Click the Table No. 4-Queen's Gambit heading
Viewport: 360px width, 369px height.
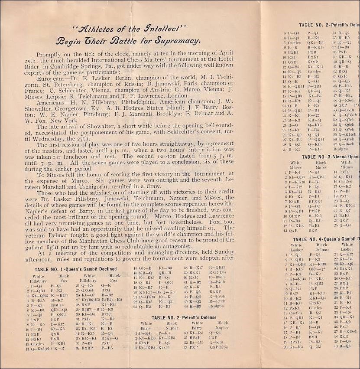pos(326,239)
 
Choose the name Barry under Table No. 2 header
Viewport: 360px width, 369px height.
pos(147,328)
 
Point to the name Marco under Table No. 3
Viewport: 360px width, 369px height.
pos(321,167)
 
